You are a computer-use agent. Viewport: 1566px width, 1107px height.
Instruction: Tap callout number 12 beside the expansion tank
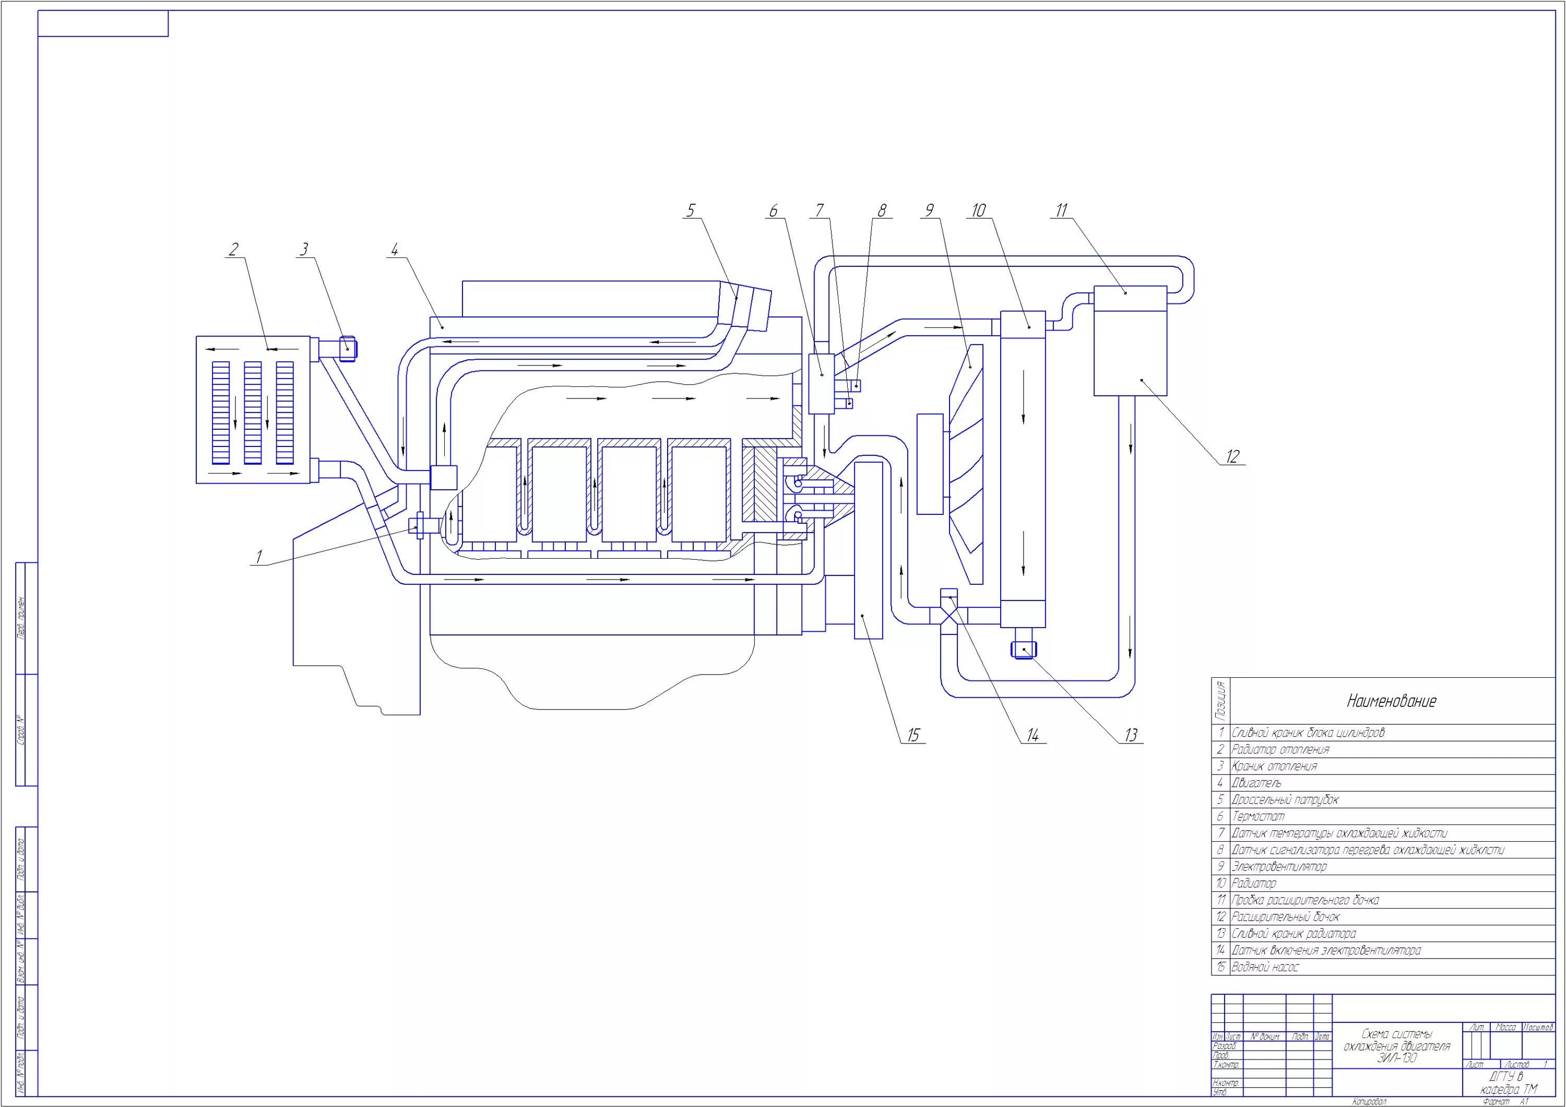(x=1232, y=456)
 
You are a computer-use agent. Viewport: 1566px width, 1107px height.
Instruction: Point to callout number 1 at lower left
(x=258, y=557)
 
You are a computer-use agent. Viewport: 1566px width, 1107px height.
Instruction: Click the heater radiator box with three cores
(x=253, y=409)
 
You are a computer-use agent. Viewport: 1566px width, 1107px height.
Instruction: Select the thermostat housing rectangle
(x=821, y=384)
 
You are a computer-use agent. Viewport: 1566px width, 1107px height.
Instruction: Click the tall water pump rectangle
(x=868, y=549)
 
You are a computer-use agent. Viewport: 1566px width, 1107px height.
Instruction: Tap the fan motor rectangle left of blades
(x=930, y=463)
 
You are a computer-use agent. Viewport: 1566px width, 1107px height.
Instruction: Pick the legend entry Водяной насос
(x=1265, y=967)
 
